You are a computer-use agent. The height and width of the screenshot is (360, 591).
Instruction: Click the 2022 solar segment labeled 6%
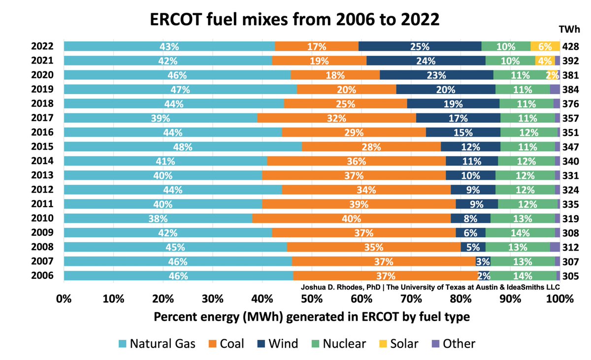point(545,46)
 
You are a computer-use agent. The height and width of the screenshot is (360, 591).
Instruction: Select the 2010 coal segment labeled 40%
point(352,218)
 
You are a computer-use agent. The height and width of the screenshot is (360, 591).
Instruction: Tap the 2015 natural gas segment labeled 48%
point(183,147)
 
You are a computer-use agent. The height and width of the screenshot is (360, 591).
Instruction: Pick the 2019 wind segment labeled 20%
point(446,90)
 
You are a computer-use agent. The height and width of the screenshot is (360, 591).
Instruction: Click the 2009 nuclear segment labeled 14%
point(520,232)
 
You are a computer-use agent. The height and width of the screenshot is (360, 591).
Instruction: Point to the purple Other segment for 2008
point(555,247)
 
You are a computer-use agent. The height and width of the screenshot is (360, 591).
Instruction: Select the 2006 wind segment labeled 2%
point(484,276)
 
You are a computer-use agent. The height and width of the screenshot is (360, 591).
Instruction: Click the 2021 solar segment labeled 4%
point(545,61)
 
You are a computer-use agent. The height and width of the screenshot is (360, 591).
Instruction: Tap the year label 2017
point(42,118)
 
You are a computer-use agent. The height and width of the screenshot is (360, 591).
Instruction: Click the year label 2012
point(42,190)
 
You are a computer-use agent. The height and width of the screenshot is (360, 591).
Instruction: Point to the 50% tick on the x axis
point(312,299)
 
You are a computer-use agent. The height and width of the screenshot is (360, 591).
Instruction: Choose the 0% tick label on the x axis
point(64,299)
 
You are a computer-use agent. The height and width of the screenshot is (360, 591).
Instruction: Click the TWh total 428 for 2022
point(571,47)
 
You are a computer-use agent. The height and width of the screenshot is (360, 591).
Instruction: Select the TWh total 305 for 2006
point(571,276)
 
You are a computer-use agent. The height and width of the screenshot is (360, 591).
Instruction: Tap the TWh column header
point(569,29)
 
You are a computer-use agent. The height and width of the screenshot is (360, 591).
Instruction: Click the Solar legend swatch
point(383,344)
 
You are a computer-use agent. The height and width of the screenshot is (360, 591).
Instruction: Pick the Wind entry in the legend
point(278,344)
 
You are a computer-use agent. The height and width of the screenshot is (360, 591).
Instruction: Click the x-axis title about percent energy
point(312,317)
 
